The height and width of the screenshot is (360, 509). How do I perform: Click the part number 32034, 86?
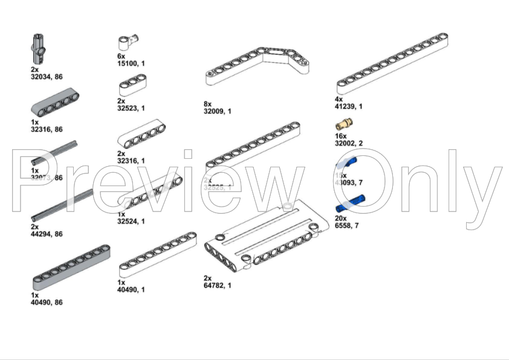point(47,77)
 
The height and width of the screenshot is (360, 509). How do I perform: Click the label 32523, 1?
point(131,108)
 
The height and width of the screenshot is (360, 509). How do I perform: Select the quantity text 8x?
point(208,104)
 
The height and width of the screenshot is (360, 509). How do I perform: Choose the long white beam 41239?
point(392,63)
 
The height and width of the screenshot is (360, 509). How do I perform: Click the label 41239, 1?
point(349,106)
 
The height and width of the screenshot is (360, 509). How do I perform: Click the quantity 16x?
point(340,137)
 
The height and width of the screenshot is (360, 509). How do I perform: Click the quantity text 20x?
point(340,218)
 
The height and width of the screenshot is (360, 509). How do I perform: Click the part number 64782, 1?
point(218,285)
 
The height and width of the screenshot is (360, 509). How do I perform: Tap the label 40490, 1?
point(131,289)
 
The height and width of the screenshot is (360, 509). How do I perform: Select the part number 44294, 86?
point(47,234)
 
